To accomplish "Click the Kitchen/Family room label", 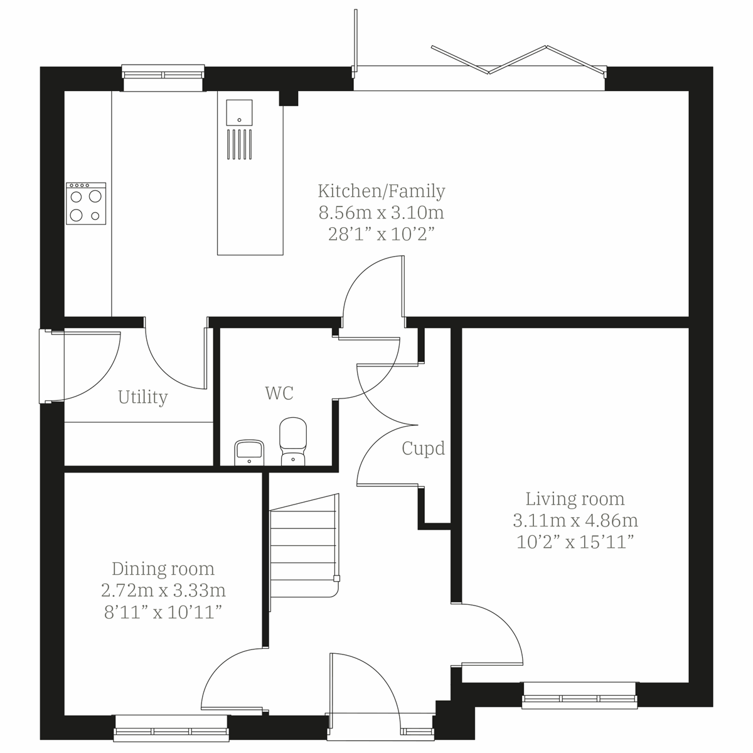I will [x=382, y=191].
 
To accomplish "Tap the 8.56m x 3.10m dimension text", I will [x=382, y=213].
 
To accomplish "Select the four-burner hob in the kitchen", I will [x=86, y=203].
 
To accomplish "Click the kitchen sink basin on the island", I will [x=238, y=112].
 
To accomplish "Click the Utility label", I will [x=143, y=397].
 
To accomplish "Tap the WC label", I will [x=279, y=393].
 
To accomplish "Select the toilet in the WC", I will [x=292, y=441].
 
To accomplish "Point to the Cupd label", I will [x=424, y=449].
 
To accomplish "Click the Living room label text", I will [x=575, y=499].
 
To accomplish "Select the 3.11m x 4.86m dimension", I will [x=575, y=520].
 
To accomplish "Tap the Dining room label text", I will [x=163, y=569].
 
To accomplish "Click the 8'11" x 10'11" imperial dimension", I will [x=163, y=612].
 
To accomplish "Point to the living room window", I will [x=579, y=697].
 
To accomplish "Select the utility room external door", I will [x=50, y=366].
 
